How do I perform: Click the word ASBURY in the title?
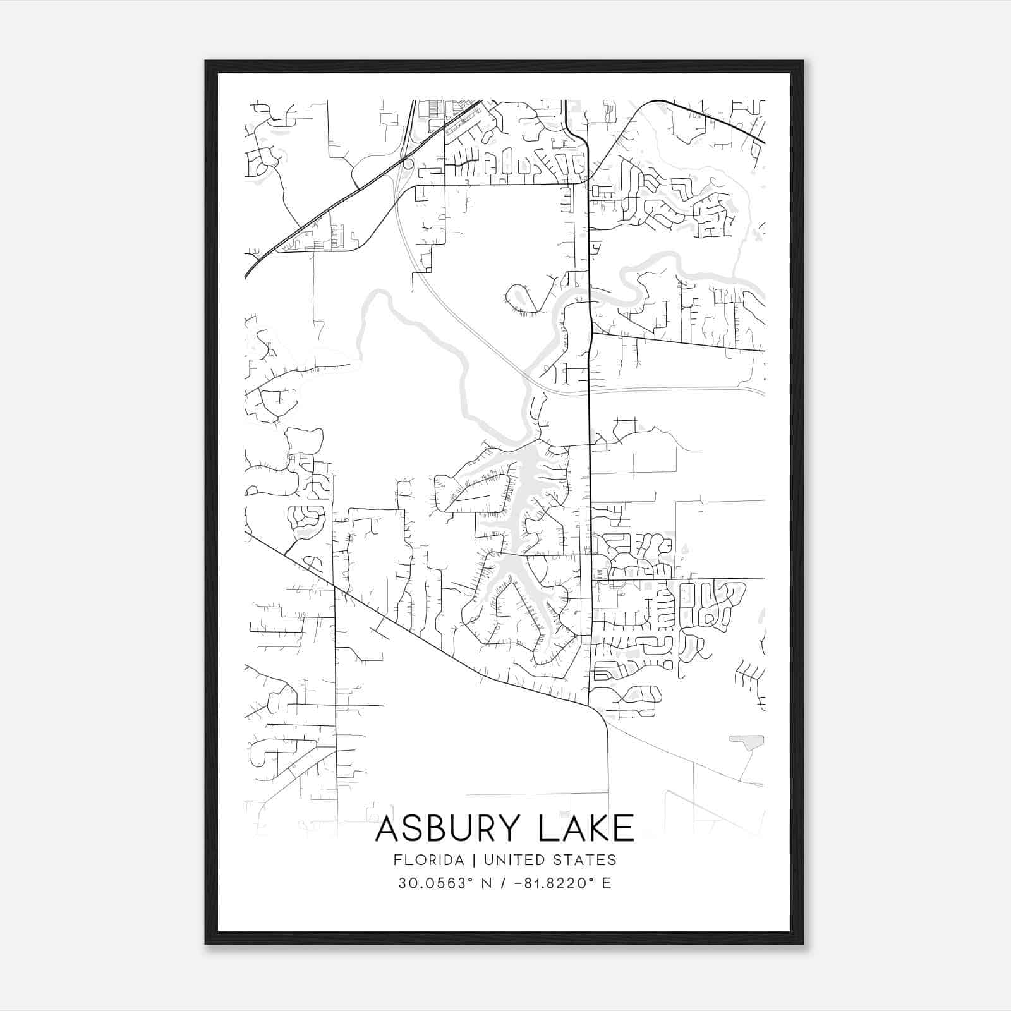point(450,828)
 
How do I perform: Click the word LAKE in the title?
point(586,828)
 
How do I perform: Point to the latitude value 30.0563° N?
point(445,883)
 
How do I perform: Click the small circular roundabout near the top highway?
point(408,164)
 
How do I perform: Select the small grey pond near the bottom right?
point(748,741)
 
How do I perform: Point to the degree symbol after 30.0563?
point(471,879)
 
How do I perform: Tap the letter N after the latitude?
point(487,883)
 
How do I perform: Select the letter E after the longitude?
point(607,883)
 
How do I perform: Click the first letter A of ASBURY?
point(387,828)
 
